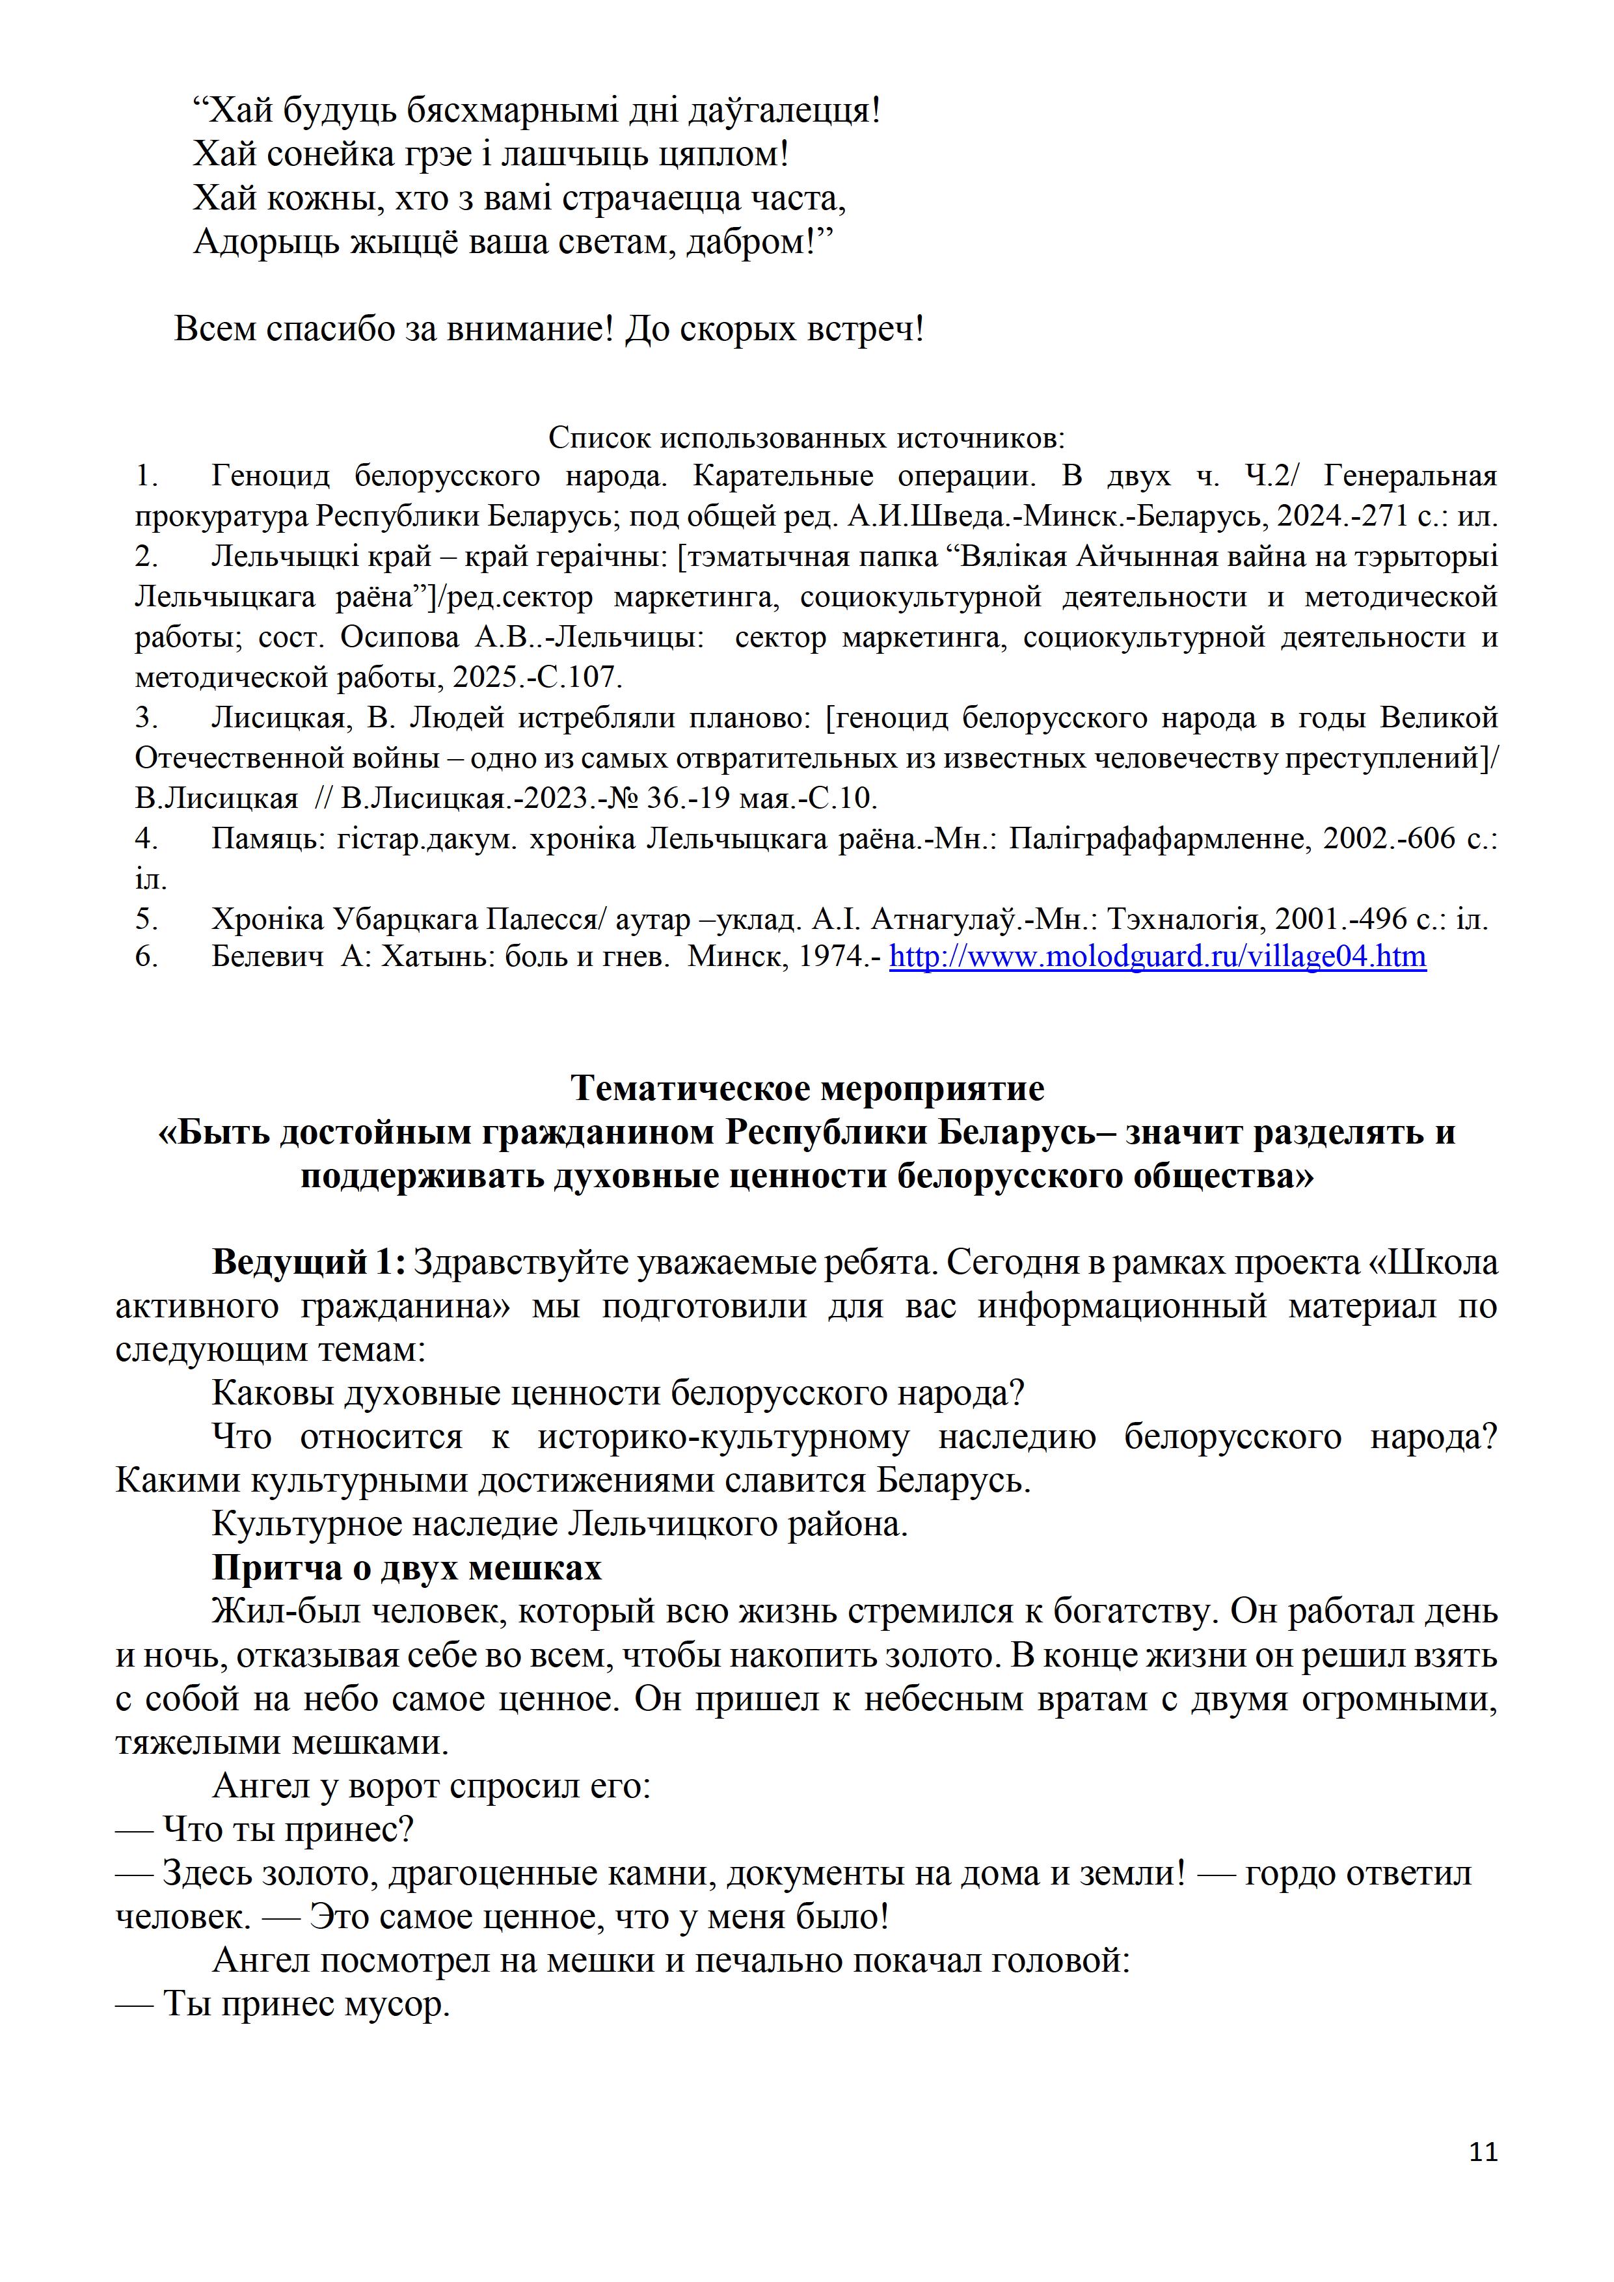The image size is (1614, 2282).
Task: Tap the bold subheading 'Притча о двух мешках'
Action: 407,1567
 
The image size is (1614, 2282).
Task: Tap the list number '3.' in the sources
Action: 147,718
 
